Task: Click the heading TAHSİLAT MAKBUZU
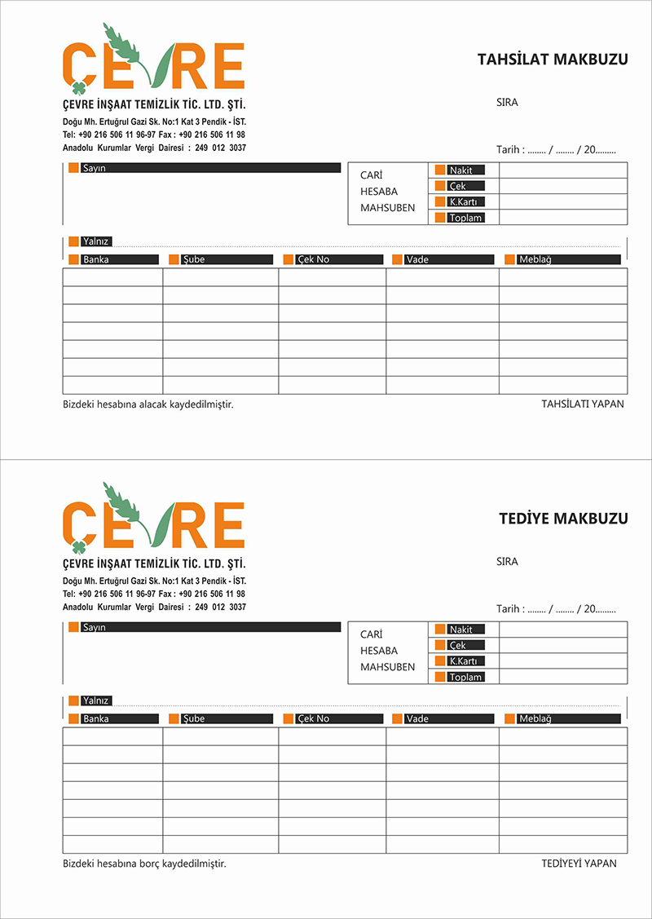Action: [x=552, y=59]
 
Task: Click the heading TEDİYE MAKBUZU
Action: [x=563, y=519]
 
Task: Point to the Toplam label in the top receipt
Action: [x=465, y=218]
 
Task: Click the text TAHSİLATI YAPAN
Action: [x=582, y=404]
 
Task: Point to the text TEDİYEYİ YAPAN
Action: [x=579, y=864]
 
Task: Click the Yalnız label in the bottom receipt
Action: [x=95, y=700]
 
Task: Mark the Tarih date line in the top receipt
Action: [x=556, y=150]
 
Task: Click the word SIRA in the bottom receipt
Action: [x=506, y=562]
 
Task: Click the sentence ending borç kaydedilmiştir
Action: [x=144, y=864]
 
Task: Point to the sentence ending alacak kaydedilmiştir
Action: [x=148, y=404]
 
